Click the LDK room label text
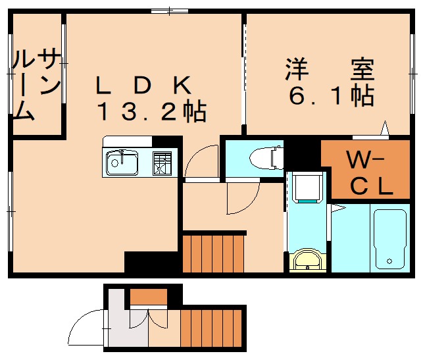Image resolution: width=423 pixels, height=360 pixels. click(143, 85)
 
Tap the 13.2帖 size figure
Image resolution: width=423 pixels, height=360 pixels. click(153, 112)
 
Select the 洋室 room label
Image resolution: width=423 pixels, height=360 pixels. click(330, 69)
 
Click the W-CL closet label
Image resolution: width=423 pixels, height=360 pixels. click(370, 172)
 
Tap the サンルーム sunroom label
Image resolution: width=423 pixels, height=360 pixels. click(36, 84)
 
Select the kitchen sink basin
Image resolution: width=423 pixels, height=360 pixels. click(122, 163)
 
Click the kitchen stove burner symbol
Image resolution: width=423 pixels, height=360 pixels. click(162, 163)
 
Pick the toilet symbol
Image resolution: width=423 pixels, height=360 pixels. click(266, 157)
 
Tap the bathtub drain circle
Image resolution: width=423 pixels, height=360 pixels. click(389, 261)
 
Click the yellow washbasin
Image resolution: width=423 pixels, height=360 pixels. click(307, 260)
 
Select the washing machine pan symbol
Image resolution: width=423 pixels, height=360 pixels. click(307, 188)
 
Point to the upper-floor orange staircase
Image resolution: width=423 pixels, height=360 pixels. click(213, 253)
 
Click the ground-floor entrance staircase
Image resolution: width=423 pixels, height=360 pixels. click(211, 328)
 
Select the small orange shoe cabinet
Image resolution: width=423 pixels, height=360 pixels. click(149, 297)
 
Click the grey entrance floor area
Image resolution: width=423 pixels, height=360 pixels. click(127, 324)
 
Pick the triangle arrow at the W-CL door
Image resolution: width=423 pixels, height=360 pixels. click(385, 128)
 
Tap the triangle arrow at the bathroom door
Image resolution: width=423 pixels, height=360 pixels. click(338, 208)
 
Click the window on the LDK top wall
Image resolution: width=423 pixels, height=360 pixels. click(170, 11)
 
